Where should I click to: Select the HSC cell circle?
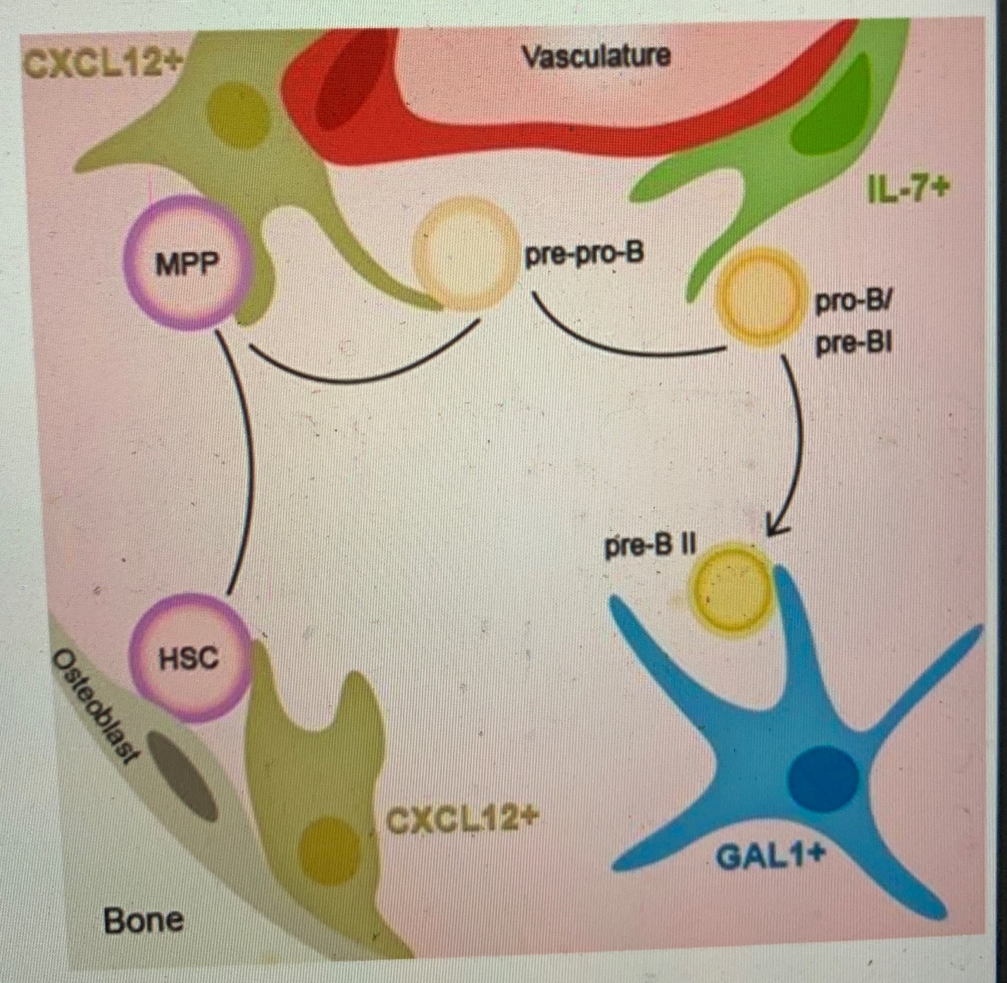click(189, 657)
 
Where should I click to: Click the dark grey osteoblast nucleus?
click(181, 774)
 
